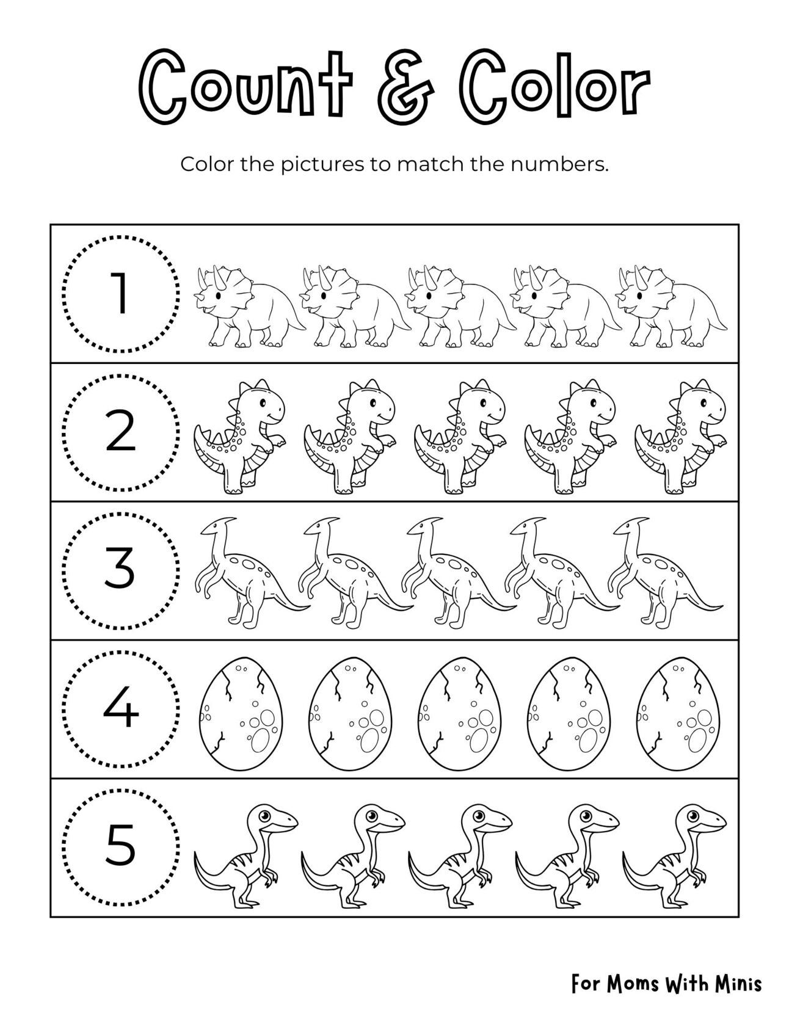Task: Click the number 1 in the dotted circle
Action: coord(121,294)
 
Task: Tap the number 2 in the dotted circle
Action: coord(121,432)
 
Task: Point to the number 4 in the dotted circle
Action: coord(121,709)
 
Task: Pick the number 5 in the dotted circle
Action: coord(121,847)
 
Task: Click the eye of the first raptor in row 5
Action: coord(264,815)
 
